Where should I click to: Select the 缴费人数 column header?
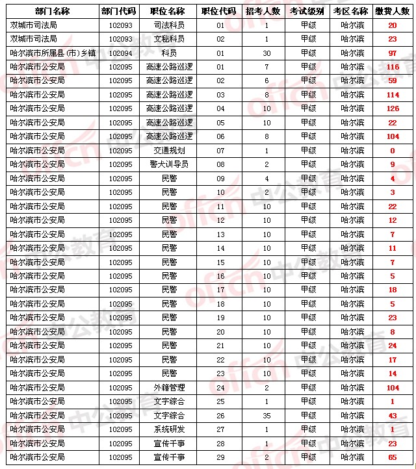coord(392,11)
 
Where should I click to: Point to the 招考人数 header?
coord(263,11)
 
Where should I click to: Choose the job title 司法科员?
coord(169,25)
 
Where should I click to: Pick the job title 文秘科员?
coord(169,39)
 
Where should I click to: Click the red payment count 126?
coord(392,108)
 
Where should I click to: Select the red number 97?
coord(392,53)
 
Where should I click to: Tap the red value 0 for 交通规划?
coord(392,151)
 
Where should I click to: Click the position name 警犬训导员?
coord(169,164)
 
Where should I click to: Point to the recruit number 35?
coord(266,415)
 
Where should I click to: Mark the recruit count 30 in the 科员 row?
coord(266,53)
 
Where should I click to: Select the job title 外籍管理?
coord(169,387)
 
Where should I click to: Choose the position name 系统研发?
coord(169,429)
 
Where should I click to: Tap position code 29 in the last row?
coord(220,457)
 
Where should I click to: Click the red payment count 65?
coord(392,457)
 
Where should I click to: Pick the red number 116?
coord(392,67)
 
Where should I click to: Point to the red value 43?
coord(392,415)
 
